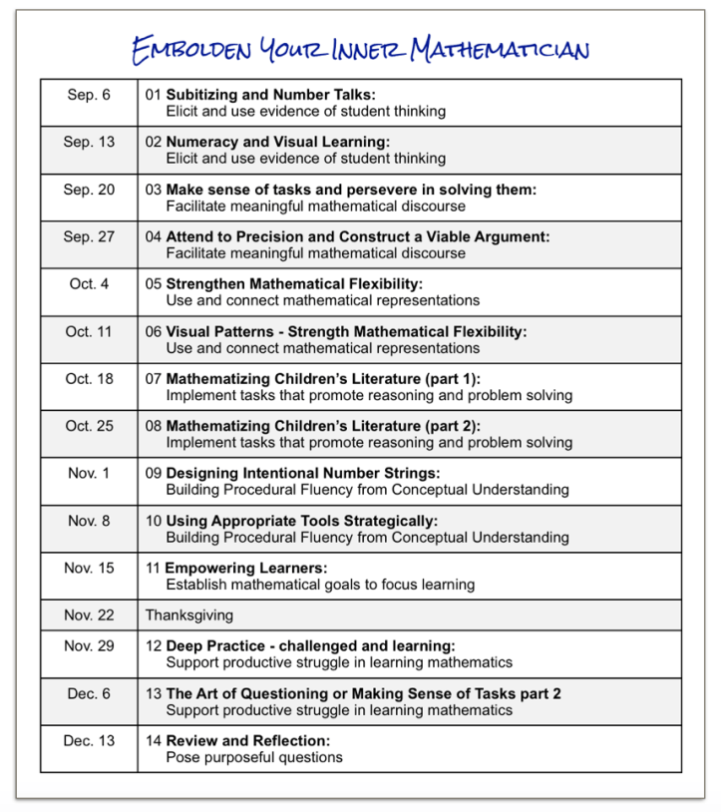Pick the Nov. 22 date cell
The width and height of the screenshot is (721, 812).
tap(89, 614)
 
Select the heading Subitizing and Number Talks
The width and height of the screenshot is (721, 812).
tap(270, 95)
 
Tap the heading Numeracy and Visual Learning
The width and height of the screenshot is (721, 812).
tap(277, 142)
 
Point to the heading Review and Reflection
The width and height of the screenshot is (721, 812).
tap(247, 740)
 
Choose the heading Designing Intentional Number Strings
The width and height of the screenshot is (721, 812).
tap(302, 473)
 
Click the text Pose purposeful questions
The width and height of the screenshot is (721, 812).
tap(253, 757)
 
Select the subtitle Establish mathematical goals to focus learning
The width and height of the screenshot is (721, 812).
tap(319, 585)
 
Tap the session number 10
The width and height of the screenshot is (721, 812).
tap(154, 521)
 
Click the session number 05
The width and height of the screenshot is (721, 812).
tap(154, 283)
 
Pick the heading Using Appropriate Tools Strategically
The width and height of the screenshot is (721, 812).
tap(301, 521)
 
